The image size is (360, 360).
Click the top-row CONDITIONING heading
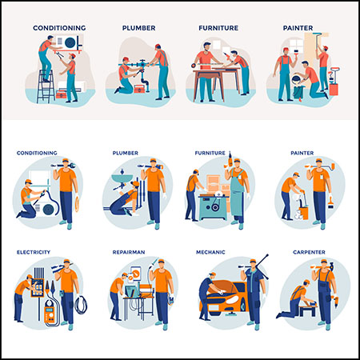coord(59,28)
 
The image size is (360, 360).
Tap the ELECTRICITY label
coord(34,252)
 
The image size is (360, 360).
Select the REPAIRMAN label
coord(129,252)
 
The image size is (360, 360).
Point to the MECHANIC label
coord(210,252)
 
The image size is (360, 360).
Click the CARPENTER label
coord(309,252)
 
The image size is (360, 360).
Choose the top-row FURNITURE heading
coord(218,28)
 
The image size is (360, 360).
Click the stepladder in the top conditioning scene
coord(46,86)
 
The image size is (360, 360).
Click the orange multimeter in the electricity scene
coord(48,313)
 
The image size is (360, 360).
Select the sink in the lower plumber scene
coord(122,178)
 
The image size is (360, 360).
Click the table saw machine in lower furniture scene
coord(214,206)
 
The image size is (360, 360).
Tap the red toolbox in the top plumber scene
coord(139,89)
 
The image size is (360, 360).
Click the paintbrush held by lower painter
coord(330,202)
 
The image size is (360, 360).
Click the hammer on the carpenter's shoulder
coord(332,266)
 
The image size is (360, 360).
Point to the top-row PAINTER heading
coord(298,28)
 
